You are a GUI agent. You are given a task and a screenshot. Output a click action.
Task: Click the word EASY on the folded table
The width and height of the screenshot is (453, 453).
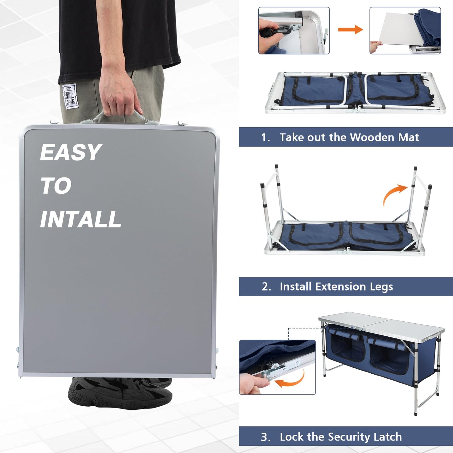[71, 153]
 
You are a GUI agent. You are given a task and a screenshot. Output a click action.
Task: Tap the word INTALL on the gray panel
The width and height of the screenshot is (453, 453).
[81, 219]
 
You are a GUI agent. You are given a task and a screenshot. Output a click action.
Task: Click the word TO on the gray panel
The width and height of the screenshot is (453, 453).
[56, 186]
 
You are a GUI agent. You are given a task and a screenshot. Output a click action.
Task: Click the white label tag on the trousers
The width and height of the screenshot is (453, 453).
[70, 97]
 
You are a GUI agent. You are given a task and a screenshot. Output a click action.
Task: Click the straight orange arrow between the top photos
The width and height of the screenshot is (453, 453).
[350, 30]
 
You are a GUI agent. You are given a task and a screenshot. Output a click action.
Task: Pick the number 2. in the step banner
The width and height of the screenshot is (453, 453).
[266, 287]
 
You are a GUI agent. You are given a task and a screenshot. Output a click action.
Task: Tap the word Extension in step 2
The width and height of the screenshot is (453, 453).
[340, 287]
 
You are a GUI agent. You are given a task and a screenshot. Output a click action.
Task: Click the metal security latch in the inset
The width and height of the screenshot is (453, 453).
[282, 367]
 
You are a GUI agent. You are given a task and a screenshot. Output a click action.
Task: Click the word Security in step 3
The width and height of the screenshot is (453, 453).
[349, 437]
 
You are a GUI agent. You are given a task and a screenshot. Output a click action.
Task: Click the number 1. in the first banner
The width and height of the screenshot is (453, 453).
[266, 137]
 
